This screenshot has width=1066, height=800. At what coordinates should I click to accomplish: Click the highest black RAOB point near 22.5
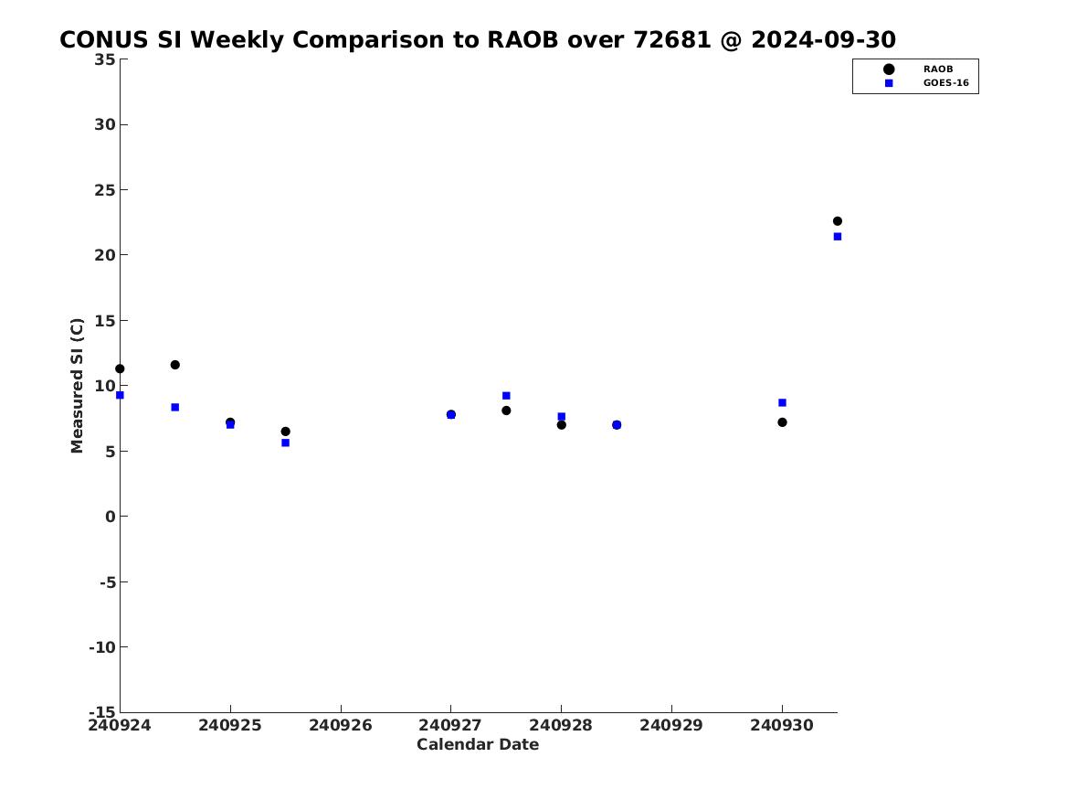838,221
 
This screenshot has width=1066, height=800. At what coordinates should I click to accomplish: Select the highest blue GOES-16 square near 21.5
838,237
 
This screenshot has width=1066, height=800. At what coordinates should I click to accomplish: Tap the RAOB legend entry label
938,69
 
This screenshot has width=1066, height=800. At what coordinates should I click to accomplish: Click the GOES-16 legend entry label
945,83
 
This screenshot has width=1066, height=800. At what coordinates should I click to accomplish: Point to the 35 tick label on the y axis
105,59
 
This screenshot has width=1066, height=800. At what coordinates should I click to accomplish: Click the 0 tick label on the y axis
111,517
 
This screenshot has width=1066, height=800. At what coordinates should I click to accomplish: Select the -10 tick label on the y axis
102,647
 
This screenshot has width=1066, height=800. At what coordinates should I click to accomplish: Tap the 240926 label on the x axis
341,725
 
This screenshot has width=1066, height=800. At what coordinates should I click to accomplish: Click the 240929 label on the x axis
671,725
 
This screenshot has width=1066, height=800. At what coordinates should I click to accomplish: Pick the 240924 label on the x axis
120,725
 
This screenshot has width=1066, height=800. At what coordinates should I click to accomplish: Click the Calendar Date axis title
478,744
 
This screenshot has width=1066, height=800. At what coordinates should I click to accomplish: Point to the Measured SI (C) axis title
77,386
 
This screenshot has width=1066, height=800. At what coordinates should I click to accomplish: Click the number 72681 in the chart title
672,40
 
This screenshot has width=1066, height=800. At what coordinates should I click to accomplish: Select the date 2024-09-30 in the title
823,40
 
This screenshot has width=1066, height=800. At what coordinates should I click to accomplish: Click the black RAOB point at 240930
783,422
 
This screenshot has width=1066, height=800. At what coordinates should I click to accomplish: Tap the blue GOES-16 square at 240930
783,402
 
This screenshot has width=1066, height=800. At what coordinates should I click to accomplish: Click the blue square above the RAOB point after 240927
506,396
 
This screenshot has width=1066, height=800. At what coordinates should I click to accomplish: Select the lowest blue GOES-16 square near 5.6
286,443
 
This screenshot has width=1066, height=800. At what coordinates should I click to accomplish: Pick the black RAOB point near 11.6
174,365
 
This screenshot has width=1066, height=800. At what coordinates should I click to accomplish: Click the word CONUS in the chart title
104,40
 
